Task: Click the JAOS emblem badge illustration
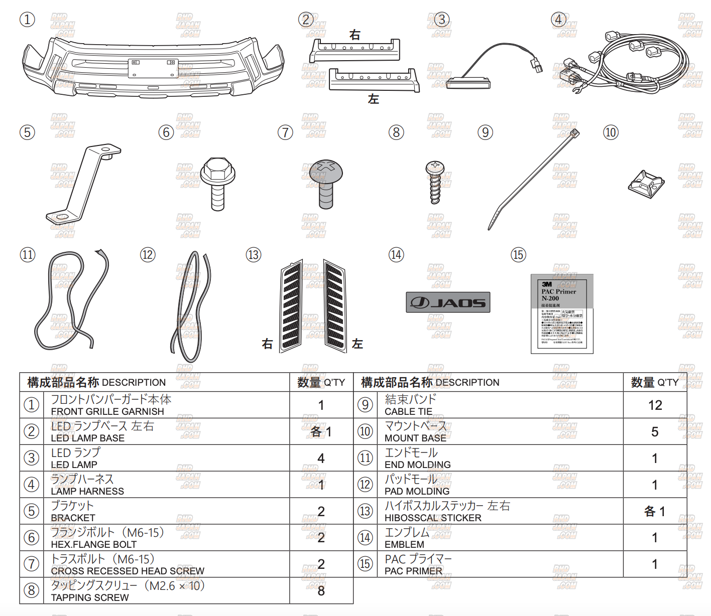tap(448, 302)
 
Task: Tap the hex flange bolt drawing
tap(218, 184)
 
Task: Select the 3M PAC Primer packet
tap(562, 314)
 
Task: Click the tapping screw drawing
tap(435, 182)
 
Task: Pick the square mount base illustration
tap(646, 184)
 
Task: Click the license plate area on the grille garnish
tap(153, 68)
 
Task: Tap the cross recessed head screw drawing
tap(326, 184)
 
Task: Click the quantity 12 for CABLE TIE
tap(655, 405)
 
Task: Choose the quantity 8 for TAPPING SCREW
tap(321, 591)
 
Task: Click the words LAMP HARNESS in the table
tap(87, 492)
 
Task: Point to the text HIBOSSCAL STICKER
tap(433, 518)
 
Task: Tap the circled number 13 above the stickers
tap(254, 255)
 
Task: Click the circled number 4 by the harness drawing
tap(558, 20)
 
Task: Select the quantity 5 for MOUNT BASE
tap(655, 432)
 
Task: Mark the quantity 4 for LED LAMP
tap(321, 458)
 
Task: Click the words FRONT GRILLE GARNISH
tap(107, 412)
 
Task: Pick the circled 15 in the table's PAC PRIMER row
tap(365, 564)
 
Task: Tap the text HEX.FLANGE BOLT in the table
tap(93, 545)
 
